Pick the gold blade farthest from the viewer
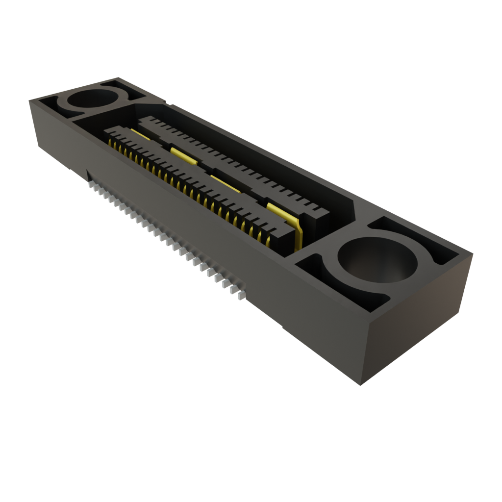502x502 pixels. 140,133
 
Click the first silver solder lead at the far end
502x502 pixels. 91,185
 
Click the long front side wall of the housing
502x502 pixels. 196,235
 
